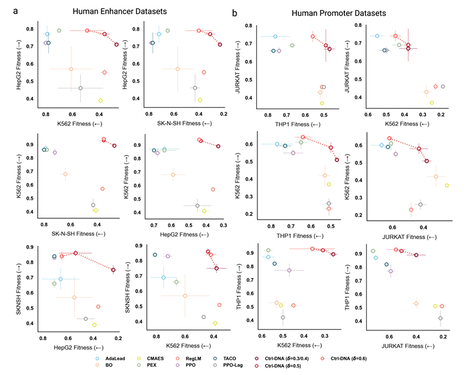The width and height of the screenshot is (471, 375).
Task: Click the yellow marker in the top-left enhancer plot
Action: [x=100, y=100]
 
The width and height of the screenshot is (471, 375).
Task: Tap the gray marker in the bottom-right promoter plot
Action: [x=440, y=318]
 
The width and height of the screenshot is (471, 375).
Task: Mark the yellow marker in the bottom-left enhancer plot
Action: [x=94, y=325]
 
